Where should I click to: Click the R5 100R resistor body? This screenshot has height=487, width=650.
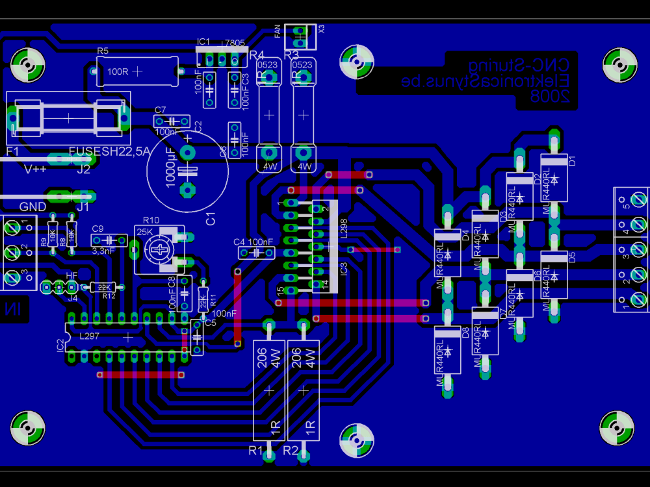coord(136,71)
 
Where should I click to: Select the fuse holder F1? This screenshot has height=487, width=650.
coord(68,119)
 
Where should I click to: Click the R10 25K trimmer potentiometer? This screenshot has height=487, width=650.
coord(159,250)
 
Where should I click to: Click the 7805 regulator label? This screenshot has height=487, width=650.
coord(234,44)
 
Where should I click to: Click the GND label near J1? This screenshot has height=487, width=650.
coord(32,206)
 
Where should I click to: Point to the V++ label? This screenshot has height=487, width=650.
coord(36,169)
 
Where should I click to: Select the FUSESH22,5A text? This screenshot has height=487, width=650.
coord(109,151)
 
